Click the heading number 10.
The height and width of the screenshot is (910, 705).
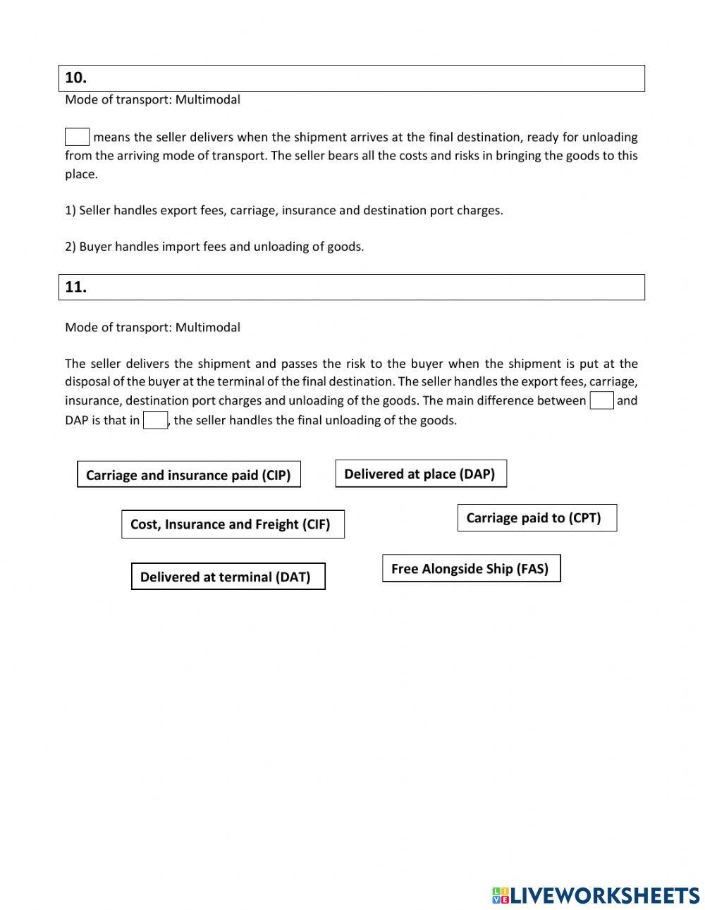point(75,78)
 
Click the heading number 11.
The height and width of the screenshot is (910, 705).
point(75,287)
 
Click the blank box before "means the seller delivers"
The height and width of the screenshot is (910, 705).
point(77,137)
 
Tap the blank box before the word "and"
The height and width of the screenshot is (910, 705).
point(601,400)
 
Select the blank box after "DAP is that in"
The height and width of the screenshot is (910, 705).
point(155,420)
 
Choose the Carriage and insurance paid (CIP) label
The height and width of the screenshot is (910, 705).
point(188,474)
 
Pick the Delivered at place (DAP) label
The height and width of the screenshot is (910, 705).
point(420,474)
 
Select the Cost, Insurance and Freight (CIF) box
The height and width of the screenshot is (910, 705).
point(232,524)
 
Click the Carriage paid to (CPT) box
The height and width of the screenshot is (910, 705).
point(536,518)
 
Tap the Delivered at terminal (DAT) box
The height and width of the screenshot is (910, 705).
point(227,577)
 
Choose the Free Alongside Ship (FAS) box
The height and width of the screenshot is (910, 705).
point(470,568)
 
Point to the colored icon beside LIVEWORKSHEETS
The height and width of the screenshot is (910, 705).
point(500,895)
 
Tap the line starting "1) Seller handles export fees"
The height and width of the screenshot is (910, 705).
point(284,210)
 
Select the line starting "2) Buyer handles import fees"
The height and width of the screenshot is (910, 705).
point(214,247)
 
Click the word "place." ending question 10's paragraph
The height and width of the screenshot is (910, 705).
point(81,174)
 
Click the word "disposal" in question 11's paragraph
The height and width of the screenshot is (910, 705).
point(88,382)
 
